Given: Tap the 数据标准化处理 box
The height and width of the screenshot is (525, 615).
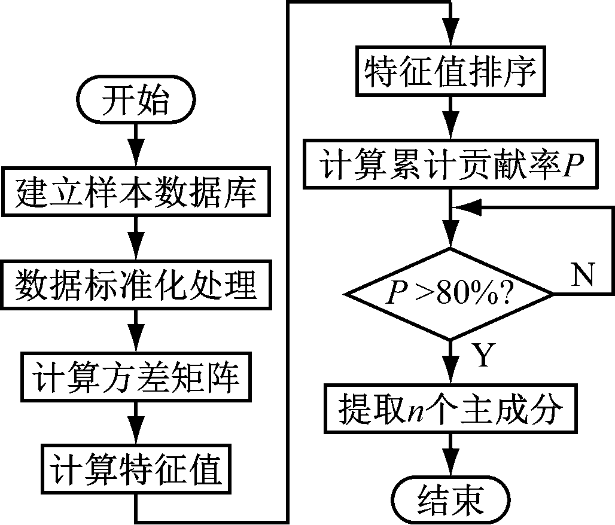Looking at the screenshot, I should pyautogui.click(x=136, y=286).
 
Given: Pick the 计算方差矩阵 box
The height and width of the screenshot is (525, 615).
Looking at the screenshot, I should pyautogui.click(x=136, y=379).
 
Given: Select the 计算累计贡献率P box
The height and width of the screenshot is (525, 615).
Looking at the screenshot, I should pyautogui.click(x=450, y=165).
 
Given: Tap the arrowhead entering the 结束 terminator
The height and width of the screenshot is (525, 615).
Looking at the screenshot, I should pyautogui.click(x=450, y=469).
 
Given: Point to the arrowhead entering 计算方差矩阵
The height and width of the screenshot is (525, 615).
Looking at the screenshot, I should pyautogui.click(x=136, y=347).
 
